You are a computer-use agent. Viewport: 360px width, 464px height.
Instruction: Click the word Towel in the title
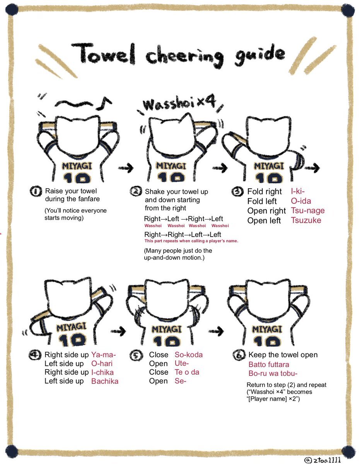click(103, 53)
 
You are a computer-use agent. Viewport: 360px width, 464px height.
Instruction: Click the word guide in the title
click(260, 55)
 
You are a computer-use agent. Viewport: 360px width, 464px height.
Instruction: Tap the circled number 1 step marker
click(36, 191)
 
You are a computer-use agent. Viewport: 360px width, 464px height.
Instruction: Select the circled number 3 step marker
click(237, 191)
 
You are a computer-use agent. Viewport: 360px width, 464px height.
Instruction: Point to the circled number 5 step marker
click(136, 355)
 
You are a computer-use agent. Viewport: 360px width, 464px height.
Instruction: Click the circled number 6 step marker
click(239, 355)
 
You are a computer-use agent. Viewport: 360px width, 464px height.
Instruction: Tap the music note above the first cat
click(104, 104)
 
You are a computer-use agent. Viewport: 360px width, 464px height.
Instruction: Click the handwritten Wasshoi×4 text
click(179, 104)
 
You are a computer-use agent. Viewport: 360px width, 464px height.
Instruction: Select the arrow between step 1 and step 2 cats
click(126, 168)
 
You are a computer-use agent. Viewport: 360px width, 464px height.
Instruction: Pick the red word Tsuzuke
click(306, 220)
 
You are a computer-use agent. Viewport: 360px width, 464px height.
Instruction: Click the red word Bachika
click(105, 381)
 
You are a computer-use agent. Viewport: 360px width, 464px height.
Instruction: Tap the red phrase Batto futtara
click(269, 365)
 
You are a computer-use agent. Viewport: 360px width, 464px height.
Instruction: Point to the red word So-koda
click(189, 355)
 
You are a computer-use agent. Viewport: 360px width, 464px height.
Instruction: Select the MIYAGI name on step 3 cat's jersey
click(269, 166)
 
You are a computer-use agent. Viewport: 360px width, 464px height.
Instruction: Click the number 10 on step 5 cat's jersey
click(167, 341)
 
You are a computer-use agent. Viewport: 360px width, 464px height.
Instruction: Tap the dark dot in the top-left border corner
click(12, 10)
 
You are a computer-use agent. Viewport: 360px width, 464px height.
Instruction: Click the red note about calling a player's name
click(191, 241)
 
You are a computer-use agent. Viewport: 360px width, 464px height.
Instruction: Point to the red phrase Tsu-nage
click(308, 211)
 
